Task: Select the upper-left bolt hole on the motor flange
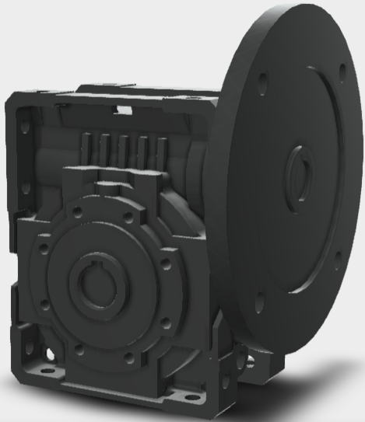click(262, 80)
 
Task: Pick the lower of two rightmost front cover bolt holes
click(165, 319)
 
